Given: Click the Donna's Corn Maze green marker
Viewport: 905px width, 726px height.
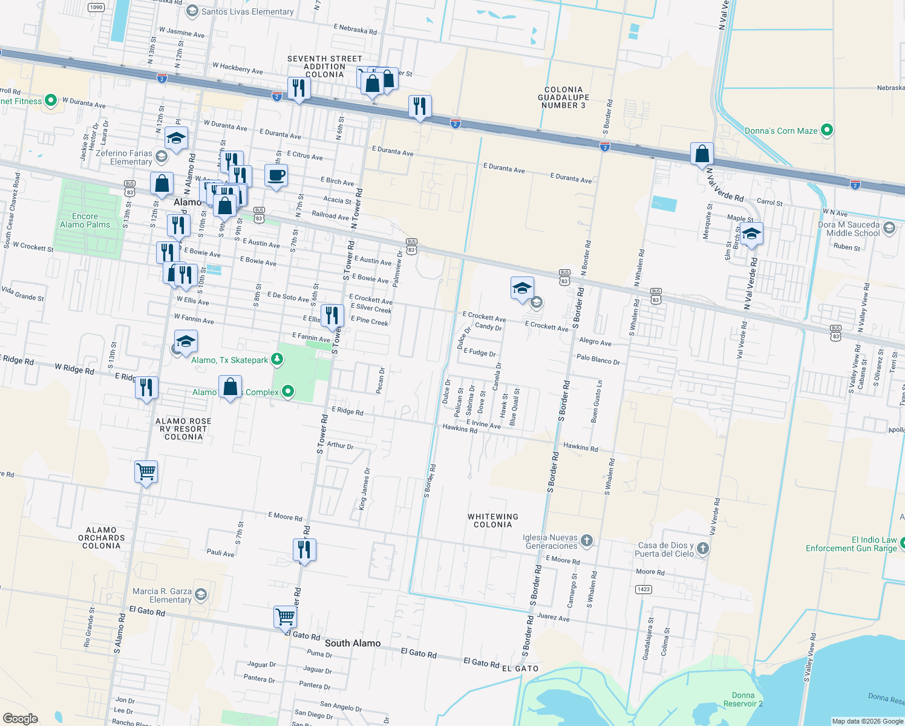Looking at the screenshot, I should pos(827,130).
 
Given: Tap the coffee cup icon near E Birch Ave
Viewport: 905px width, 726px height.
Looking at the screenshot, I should pos(276,176).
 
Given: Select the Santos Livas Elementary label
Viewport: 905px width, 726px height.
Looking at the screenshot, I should pos(247,11).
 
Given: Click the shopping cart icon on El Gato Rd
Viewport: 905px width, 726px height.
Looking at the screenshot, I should pos(285,618).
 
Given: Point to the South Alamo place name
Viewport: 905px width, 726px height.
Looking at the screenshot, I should pos(353,643).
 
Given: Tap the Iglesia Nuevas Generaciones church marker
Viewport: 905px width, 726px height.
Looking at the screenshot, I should pos(586,540).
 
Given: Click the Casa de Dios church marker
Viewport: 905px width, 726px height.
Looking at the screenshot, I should pos(702,549).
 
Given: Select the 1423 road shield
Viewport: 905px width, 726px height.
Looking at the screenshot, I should pos(643,589).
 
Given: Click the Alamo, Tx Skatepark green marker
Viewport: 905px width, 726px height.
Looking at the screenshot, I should pos(277,360).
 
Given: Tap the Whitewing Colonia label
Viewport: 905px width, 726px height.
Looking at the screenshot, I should pos(492,521).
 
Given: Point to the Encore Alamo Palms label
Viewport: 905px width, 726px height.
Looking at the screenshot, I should pos(85,220).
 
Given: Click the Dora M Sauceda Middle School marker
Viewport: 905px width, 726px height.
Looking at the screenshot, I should pos(889,228).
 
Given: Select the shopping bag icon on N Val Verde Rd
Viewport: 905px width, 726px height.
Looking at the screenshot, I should pos(702,154).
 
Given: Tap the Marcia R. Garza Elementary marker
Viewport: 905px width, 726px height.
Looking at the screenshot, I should pos(201,595).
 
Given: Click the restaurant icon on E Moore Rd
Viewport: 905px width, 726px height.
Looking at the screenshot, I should pos(304,550).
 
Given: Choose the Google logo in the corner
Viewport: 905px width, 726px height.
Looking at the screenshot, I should pos(21,718).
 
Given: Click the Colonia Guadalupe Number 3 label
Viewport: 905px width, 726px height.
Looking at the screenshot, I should pos(563,97).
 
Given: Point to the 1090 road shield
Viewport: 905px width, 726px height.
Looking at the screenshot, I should pos(96,7).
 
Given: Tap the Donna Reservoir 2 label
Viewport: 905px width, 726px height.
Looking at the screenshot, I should pos(743,699).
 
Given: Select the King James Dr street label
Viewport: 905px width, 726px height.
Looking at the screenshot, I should pos(364,489).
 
